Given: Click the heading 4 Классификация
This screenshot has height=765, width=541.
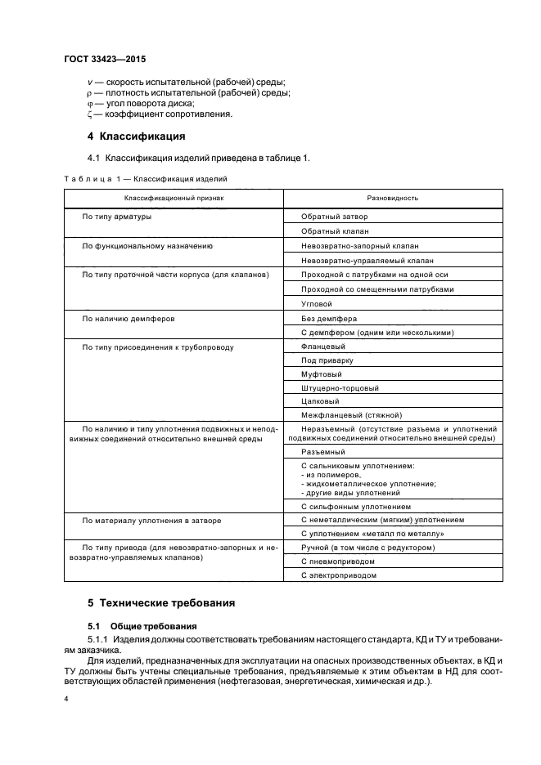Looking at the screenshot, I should tap(136, 136).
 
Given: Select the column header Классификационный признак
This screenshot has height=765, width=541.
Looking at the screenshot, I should tap(174, 199).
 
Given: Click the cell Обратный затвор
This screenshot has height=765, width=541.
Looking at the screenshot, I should tap(335, 217).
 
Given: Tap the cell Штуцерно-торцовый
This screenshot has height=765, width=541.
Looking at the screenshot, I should tap(340, 388).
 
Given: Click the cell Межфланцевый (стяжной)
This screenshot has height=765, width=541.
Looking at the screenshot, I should tap(347, 417).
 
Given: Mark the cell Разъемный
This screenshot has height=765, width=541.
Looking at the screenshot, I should tap(322, 451).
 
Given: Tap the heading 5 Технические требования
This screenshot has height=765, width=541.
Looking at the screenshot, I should tap(161, 603).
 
